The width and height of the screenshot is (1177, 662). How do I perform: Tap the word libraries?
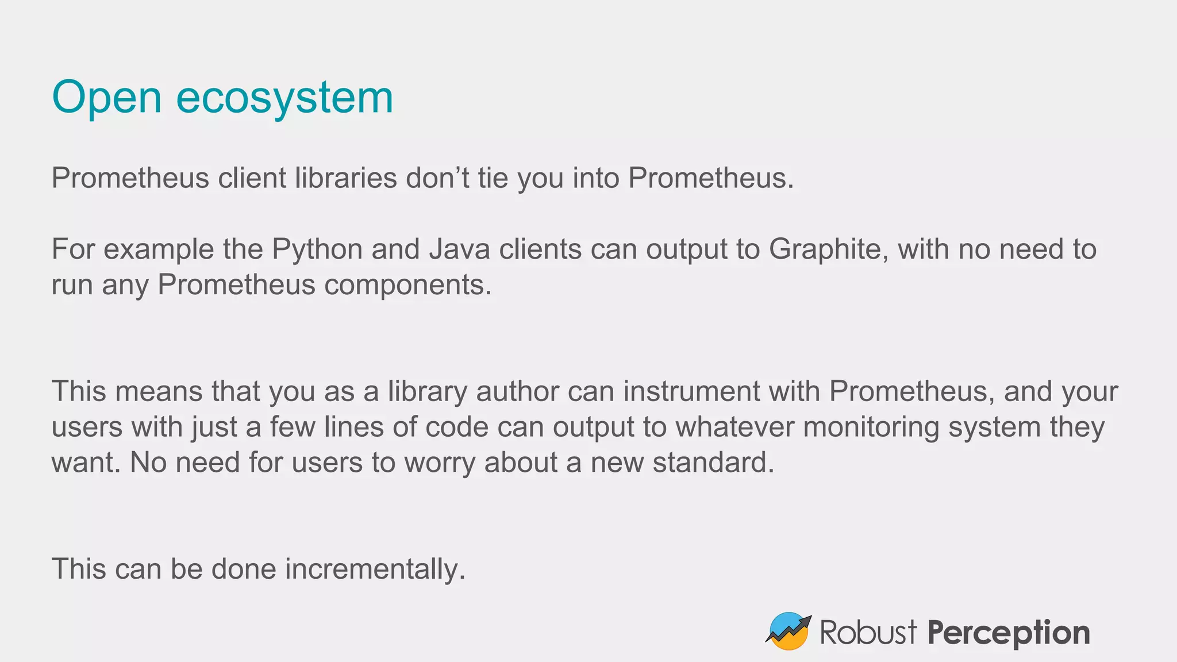345,178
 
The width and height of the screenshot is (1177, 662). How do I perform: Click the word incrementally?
375,569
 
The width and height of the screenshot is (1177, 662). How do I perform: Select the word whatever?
734,427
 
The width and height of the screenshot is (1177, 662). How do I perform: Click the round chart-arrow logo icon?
788,631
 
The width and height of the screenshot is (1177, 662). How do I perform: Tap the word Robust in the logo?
868,633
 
